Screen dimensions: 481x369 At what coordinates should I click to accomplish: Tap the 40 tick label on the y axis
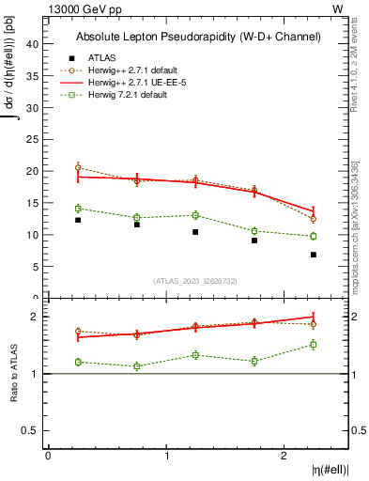(32, 44)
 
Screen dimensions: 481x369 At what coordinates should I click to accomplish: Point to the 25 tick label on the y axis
(32, 140)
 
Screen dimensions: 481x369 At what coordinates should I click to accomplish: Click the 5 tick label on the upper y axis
(35, 267)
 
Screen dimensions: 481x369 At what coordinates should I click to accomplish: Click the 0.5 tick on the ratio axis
(30, 430)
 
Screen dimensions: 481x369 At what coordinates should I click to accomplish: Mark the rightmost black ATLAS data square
(314, 255)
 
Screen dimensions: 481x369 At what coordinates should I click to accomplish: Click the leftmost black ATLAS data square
(78, 220)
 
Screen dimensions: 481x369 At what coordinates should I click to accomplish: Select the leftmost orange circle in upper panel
(78, 167)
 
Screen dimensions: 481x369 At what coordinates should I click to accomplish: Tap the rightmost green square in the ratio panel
(314, 345)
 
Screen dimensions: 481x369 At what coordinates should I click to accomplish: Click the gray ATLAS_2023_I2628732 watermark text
(195, 280)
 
